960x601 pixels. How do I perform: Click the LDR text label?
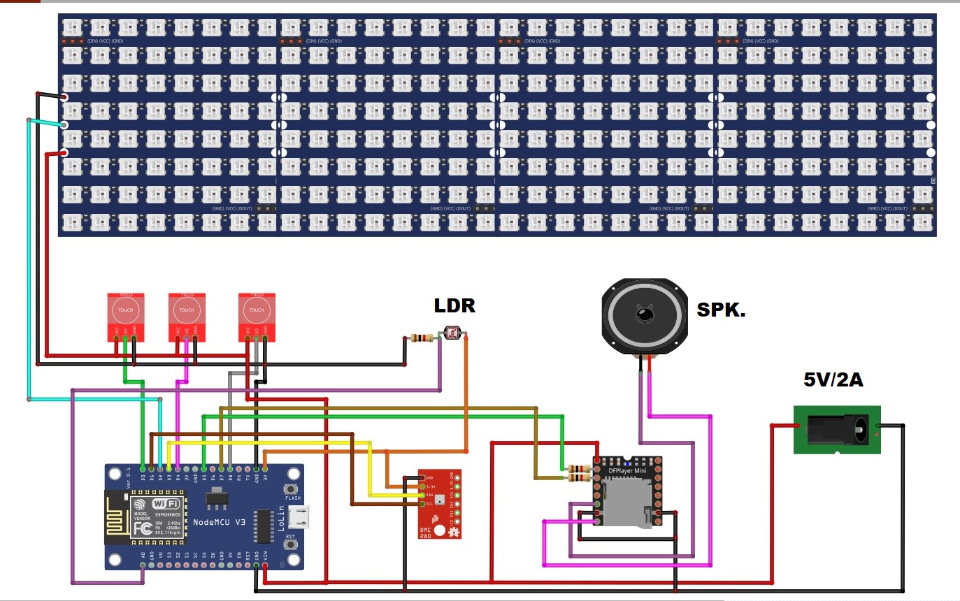(x=454, y=305)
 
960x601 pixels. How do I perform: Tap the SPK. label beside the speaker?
(x=721, y=310)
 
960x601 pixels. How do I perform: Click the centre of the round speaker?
(x=643, y=316)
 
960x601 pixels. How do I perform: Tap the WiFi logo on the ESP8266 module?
(x=165, y=504)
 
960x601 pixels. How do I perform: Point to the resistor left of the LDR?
(x=422, y=338)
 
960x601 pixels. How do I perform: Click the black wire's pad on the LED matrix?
(x=64, y=97)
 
